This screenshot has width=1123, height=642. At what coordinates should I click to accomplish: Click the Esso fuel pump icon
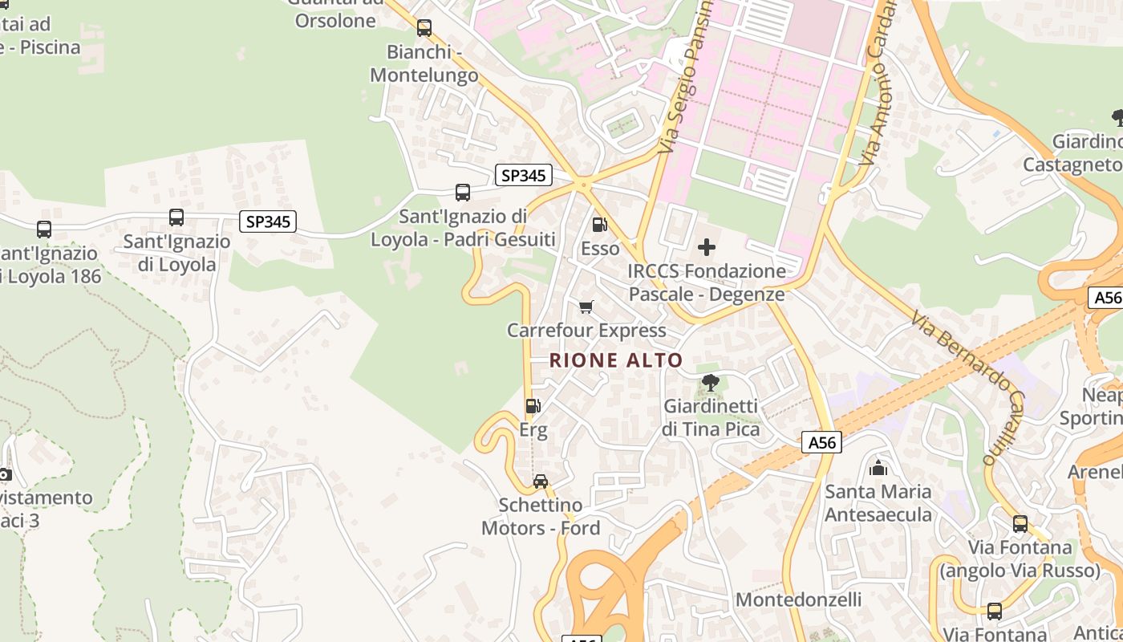(599, 226)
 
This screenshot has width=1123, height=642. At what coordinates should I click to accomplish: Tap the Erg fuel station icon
(533, 407)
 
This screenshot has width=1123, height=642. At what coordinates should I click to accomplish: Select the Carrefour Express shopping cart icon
(586, 307)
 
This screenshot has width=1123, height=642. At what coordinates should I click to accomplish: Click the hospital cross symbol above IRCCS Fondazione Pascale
(707, 247)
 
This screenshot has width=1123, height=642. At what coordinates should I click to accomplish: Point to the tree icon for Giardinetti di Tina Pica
(710, 383)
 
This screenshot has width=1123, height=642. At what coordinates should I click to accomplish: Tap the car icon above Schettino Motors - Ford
(541, 481)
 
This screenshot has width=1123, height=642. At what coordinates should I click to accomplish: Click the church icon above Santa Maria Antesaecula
(878, 468)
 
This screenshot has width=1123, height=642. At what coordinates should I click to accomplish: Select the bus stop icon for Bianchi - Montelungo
(424, 29)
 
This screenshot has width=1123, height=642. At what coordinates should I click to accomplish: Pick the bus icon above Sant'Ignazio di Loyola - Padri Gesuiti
(463, 193)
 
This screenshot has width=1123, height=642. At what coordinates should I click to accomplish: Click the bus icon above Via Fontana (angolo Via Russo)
(1020, 524)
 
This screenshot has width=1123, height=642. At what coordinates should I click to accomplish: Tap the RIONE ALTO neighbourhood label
(616, 361)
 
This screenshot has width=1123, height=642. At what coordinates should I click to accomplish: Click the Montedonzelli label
(798, 600)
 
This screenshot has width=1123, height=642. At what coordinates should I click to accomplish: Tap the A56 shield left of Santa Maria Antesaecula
(821, 442)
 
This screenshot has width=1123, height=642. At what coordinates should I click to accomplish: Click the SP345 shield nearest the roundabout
(523, 175)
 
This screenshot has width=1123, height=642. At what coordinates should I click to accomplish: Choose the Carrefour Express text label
(586, 331)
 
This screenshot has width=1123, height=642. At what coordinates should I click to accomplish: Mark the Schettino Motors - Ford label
(541, 517)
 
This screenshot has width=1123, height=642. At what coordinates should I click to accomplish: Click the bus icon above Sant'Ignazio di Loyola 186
(44, 230)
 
